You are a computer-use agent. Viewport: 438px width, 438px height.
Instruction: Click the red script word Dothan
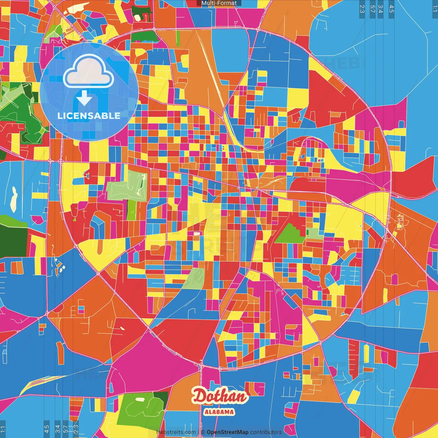pyautogui.click(x=219, y=396)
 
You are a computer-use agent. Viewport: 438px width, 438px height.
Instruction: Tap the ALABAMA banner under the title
pyautogui.click(x=219, y=412)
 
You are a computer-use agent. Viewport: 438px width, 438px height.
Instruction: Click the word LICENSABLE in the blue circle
pyautogui.click(x=89, y=116)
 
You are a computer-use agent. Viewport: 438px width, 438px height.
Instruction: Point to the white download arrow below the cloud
pyautogui.click(x=84, y=98)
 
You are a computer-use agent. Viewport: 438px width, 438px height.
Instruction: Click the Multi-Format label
pyautogui.click(x=219, y=3)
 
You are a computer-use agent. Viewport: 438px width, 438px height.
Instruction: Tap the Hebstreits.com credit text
pyautogui.click(x=176, y=432)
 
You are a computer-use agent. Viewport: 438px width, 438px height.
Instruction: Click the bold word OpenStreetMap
pyautogui.click(x=227, y=432)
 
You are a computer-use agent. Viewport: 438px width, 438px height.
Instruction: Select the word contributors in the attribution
pyautogui.click(x=266, y=432)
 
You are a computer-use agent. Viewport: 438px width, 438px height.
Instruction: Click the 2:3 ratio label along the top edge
pyautogui.click(x=362, y=9)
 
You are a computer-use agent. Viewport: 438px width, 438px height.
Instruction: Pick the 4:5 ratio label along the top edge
pyautogui.click(x=391, y=9)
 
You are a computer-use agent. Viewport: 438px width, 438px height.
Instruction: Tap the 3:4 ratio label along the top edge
pyautogui.click(x=380, y=9)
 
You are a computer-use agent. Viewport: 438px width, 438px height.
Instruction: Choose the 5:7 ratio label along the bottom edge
pyautogui.click(x=66, y=429)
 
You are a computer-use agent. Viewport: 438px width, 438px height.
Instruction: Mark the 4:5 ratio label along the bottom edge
pyautogui.click(x=47, y=429)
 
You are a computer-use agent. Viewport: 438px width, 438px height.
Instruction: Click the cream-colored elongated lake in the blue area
pyautogui.click(x=14, y=198)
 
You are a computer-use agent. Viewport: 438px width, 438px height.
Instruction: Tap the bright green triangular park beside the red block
pyautogui.click(x=289, y=234)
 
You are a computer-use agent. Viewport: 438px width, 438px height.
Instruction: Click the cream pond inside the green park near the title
pyautogui.click(x=140, y=399)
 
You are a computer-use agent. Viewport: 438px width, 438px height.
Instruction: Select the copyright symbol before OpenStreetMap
pyautogui.click(x=203, y=432)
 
